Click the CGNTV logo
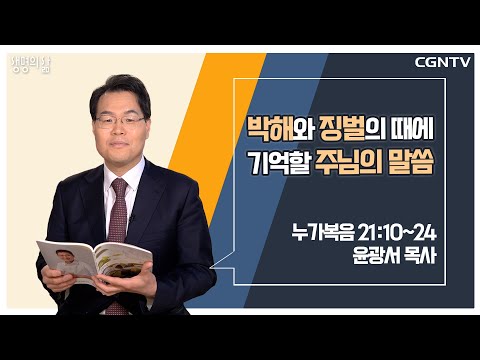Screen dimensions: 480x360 [x=442, y=62]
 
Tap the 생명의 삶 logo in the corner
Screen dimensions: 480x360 [x=31, y=64]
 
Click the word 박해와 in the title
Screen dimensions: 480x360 [x=279, y=129]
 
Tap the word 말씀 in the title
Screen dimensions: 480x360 [x=411, y=163]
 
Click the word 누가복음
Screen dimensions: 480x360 [x=323, y=233]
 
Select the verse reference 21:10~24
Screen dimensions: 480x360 [x=398, y=233]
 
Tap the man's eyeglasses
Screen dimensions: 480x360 [x=120, y=121]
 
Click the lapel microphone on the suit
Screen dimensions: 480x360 [x=132, y=218]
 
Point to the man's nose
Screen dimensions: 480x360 [x=120, y=130]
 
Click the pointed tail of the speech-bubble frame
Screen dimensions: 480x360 [x=210, y=267]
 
